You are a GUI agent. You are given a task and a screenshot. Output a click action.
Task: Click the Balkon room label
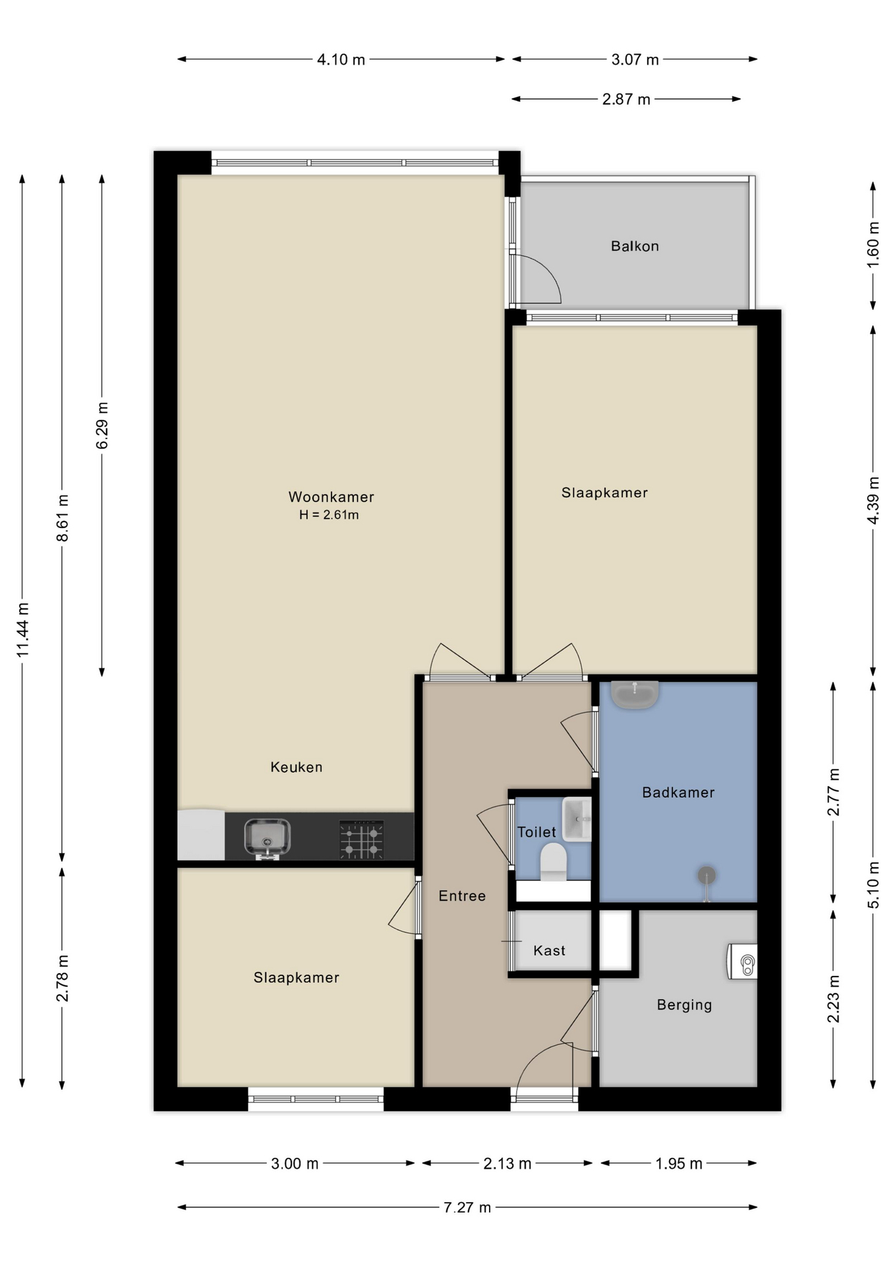[x=635, y=246]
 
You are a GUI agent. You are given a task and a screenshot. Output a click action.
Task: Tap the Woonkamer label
[x=331, y=497]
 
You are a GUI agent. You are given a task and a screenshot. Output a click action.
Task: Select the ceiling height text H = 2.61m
[x=329, y=515]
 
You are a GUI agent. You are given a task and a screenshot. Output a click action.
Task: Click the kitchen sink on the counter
[x=267, y=838]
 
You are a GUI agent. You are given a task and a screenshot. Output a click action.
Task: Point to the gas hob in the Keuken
[x=361, y=839]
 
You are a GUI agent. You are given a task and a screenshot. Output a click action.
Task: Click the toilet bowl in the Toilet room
[x=553, y=862]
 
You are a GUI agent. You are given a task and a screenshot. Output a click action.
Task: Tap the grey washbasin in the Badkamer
[x=635, y=694]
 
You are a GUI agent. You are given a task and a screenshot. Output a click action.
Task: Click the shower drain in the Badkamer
[x=707, y=876]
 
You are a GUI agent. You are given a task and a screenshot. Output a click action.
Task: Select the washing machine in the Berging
[x=742, y=961]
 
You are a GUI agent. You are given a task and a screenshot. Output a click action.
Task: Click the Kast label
[x=549, y=950]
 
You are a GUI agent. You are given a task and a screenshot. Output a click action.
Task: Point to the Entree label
[x=462, y=895]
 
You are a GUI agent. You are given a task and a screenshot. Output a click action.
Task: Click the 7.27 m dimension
[x=467, y=1207]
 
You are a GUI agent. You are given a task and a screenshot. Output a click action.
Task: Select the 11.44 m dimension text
[x=23, y=630]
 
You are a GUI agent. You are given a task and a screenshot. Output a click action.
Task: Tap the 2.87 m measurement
[x=626, y=100]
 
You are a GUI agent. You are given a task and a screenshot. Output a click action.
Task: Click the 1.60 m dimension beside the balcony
[x=873, y=245]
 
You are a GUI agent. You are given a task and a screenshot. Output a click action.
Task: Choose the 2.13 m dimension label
[x=507, y=1163]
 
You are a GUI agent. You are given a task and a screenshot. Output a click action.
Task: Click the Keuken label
[x=297, y=767]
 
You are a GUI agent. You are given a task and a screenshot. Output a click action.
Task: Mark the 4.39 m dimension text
[x=873, y=500]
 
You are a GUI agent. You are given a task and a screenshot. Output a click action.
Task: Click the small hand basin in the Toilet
[x=577, y=820]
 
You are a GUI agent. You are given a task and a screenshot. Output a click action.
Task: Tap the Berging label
[x=684, y=1005]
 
